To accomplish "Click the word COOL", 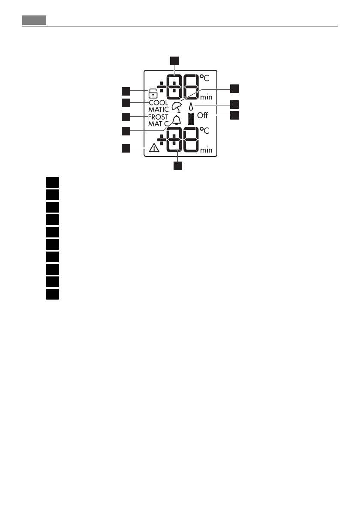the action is (159, 103).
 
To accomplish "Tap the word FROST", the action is (159, 117).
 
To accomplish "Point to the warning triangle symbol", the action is (153, 149).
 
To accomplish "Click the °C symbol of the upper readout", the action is (204, 78).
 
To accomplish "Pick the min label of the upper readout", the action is (206, 97).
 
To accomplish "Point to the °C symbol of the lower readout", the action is (204, 131).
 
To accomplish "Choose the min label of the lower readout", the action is (206, 150).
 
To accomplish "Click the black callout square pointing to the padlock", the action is (125, 91).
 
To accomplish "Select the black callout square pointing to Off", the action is (234, 115).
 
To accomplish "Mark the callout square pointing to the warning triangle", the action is (125, 148).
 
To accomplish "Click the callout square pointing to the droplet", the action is (234, 104).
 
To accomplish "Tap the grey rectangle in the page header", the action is (34, 20).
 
